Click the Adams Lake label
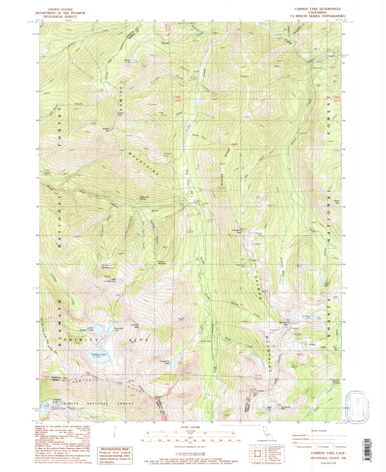(128, 61)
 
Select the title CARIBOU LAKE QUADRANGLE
(318, 9)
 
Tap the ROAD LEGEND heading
(319, 431)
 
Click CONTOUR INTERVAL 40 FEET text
(191, 447)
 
